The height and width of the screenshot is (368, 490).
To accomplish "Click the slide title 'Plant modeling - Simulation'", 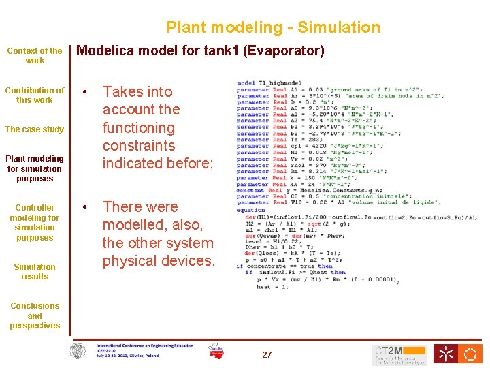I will pyautogui.click(x=273, y=28).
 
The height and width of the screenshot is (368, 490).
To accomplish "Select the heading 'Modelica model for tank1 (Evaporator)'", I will pyautogui.click(x=201, y=51).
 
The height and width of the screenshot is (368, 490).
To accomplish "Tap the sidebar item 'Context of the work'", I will pyautogui.click(x=35, y=56).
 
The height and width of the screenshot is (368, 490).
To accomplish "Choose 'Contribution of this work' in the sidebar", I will pyautogui.click(x=35, y=95).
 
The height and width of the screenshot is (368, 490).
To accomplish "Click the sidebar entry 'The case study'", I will pyautogui.click(x=35, y=129).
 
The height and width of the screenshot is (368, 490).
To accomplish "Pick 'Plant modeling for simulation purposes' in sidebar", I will pyautogui.click(x=35, y=168).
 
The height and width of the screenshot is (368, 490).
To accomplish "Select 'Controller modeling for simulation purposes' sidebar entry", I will pyautogui.click(x=35, y=223).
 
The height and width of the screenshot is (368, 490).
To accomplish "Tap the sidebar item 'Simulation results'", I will pyautogui.click(x=35, y=272).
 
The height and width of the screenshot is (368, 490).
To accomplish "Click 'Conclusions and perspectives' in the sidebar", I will pyautogui.click(x=35, y=316).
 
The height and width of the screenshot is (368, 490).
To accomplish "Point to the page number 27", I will pyautogui.click(x=267, y=355).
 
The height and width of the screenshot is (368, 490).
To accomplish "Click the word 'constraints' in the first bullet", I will pyautogui.click(x=139, y=146).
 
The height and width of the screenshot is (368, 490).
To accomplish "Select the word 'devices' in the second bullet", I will pyautogui.click(x=188, y=261).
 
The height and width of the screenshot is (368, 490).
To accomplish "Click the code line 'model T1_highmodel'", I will pyautogui.click(x=269, y=83).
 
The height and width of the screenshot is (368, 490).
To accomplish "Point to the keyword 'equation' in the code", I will pyautogui.click(x=250, y=211).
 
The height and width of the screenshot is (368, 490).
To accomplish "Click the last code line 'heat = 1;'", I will pyautogui.click(x=272, y=287).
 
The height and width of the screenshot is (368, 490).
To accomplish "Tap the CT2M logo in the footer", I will pyautogui.click(x=399, y=354).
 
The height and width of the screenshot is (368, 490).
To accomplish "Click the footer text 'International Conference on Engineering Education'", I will pyautogui.click(x=144, y=346).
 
